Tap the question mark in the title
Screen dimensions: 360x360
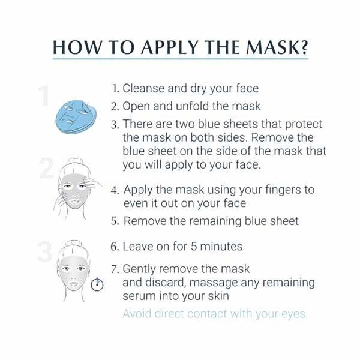click(x=301, y=47)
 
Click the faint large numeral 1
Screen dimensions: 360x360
click(x=43, y=97)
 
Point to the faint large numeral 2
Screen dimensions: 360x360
click(x=46, y=169)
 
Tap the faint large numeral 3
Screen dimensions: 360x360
click(x=44, y=253)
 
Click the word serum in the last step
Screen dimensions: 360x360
click(x=138, y=295)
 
